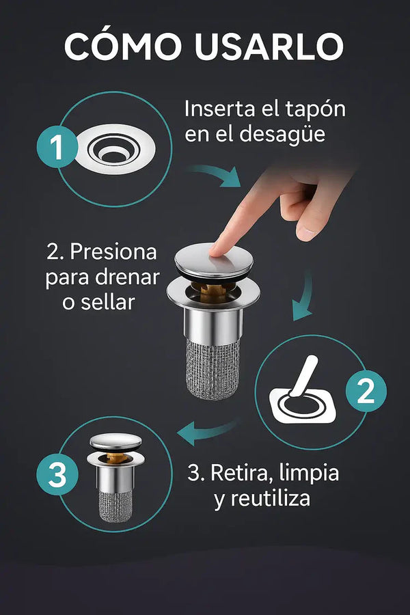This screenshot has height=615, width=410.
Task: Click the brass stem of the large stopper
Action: pyautogui.click(x=213, y=290)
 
